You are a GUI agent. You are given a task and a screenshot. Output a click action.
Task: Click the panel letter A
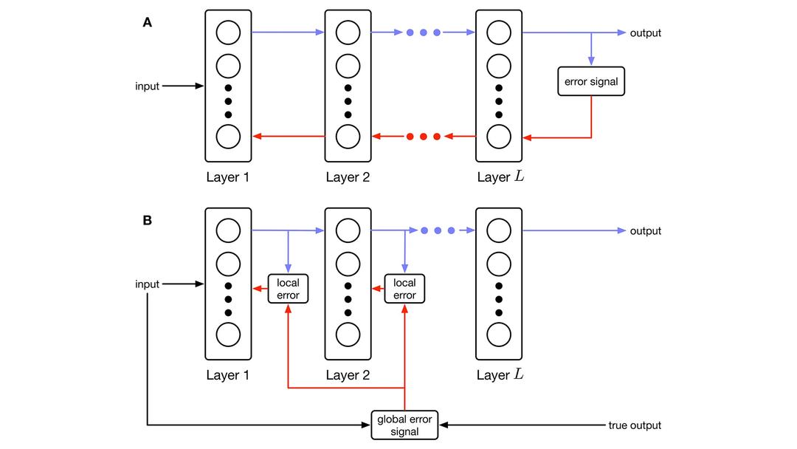point(148,22)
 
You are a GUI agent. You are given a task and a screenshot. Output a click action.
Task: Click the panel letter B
point(148,220)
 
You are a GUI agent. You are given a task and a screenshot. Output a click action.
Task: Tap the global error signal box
point(405,425)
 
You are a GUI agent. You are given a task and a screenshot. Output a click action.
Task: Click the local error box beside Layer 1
point(288,289)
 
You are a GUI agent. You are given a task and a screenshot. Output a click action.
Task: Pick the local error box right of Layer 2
point(404,289)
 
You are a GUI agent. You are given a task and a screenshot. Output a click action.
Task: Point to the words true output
point(635,425)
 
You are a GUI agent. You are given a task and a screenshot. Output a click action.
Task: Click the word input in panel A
point(147,86)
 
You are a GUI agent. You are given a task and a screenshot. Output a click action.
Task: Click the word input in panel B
point(147,284)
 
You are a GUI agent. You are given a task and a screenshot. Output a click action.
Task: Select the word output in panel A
point(646,33)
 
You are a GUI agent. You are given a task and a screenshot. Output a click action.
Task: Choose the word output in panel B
point(646,231)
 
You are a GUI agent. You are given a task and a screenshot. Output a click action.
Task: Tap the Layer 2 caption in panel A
point(348,177)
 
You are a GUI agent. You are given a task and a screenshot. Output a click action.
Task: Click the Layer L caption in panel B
point(500,375)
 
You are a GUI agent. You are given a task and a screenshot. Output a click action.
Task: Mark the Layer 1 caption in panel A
point(227,177)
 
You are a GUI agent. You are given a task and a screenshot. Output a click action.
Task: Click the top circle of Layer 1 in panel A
point(228,33)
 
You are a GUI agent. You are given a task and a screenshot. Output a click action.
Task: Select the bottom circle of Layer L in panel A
point(498,137)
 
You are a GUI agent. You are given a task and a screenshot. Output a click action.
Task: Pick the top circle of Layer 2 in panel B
point(348,231)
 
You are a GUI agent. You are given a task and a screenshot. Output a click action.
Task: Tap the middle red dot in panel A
point(423,137)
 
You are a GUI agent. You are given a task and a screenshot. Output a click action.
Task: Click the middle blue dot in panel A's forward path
point(423,33)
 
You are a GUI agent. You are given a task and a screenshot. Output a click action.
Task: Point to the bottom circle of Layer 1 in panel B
point(228,334)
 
